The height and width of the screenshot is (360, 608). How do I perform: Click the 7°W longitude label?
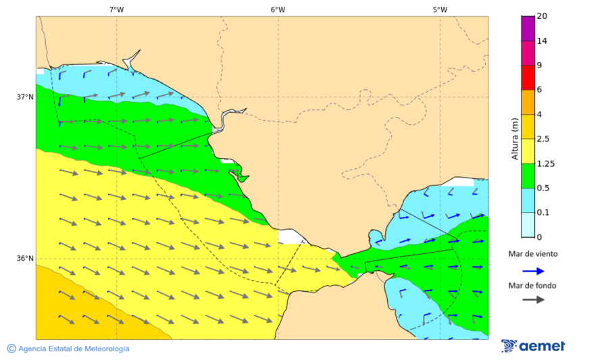click(x=116, y=9)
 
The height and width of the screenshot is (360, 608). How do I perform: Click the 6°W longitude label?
click(x=278, y=9)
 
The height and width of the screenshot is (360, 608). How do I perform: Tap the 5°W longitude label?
click(x=440, y=9)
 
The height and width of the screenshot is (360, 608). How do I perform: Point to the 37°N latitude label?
click(x=25, y=97)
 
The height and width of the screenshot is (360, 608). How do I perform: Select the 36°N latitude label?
click(x=25, y=258)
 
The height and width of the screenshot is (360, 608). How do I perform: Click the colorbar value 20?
click(x=542, y=16)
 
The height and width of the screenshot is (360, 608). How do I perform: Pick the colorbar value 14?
click(x=542, y=41)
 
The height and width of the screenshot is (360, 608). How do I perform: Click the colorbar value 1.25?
click(x=545, y=163)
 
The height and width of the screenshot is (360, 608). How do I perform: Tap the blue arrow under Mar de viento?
click(x=533, y=271)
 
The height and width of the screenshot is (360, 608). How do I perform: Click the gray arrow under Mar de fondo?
click(x=533, y=299)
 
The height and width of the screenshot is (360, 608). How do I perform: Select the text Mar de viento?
click(x=533, y=255)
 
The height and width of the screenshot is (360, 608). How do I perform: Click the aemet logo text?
click(x=542, y=346)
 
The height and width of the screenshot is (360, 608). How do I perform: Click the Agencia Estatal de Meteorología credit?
click(x=73, y=349)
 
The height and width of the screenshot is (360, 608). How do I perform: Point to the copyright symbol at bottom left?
click(x=11, y=349)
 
